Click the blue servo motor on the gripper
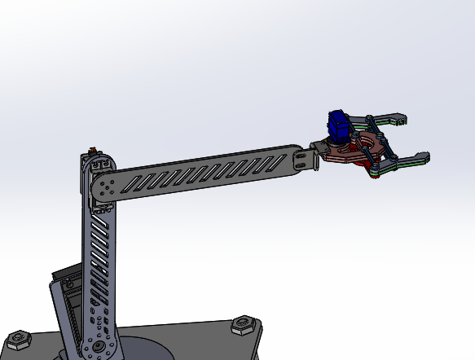(336, 126)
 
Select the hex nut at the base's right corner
(242, 327)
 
